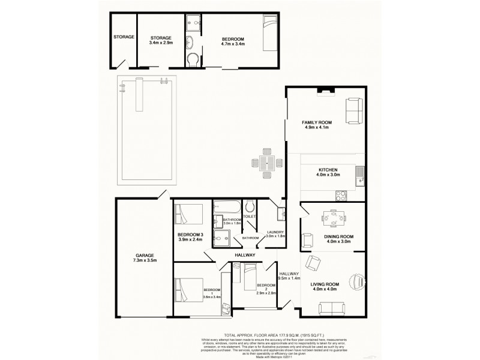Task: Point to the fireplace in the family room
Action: (326, 91)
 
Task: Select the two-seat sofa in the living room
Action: (331, 309)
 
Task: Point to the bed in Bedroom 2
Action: (248, 275)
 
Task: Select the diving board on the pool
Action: (139, 95)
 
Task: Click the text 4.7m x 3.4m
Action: (232, 44)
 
